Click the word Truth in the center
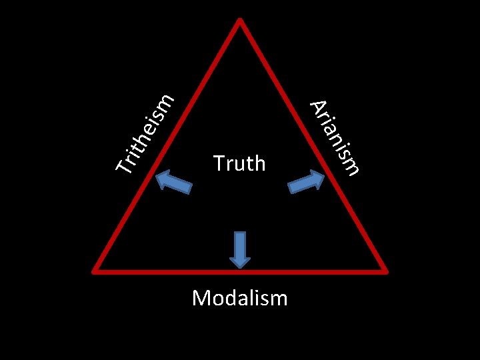[x=239, y=163]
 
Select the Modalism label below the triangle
[x=239, y=297]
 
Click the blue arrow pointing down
[x=240, y=249]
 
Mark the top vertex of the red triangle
[x=240, y=19]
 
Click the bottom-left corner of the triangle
[x=95, y=270]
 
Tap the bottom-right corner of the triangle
[x=385, y=270]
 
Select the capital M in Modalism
[x=201, y=297]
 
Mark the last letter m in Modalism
[x=279, y=298]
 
